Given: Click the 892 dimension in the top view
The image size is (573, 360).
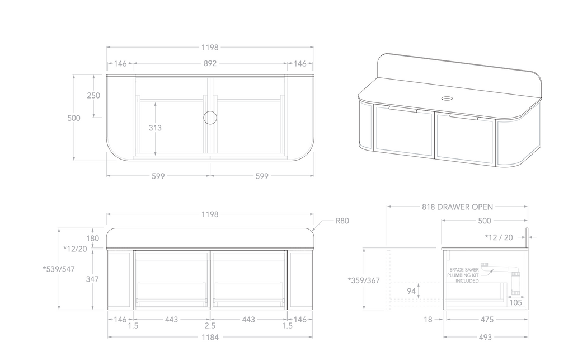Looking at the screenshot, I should pos(210,64).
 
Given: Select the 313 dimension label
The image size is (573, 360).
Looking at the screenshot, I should pos(155,128).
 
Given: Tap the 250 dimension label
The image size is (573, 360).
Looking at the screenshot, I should pos(93,96).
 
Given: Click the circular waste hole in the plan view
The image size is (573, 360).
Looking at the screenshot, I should pos(210,118).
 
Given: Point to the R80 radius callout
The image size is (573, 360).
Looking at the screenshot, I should pos(342,221).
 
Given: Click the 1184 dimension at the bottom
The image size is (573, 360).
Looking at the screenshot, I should pos(210,337).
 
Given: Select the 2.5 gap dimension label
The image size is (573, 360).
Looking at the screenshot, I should pos(210,326).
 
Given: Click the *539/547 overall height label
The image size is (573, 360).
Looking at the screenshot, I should pos(58,269).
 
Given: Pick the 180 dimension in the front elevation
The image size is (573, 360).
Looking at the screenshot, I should pos(93,238).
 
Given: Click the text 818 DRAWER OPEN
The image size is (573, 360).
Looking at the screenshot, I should pos(457,207).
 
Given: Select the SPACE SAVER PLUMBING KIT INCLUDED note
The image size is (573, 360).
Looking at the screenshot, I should pos(463,275).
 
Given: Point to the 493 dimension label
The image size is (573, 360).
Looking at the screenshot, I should pos(485,337).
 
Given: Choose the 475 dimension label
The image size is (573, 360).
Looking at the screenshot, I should pos(487,320).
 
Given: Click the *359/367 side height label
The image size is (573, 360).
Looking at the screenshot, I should pos(364,280).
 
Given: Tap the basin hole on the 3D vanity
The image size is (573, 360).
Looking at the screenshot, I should pos(447,99).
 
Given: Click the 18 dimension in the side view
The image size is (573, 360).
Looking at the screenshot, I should pos(429,320).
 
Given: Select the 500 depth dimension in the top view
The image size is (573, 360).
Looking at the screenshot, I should pos(74,118).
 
